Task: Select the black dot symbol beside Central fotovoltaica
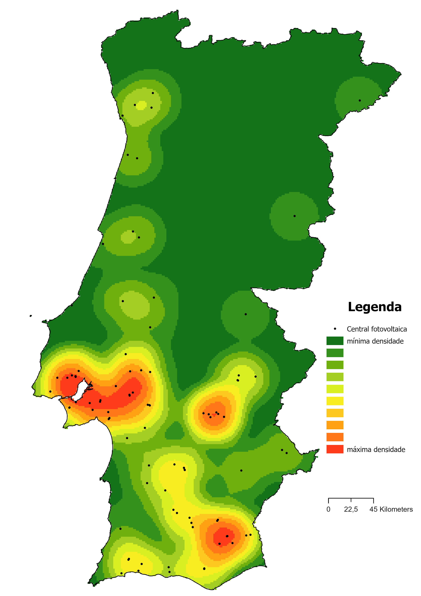coord(335,329)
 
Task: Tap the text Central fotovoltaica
coord(377,329)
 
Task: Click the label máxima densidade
coord(376,449)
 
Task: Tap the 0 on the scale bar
coord(328,509)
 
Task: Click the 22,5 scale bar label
coord(351,509)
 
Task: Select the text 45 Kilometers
coord(391,509)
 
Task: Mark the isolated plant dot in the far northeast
coord(360,100)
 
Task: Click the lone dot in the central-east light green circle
coord(294,216)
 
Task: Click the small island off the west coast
coord(31,316)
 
